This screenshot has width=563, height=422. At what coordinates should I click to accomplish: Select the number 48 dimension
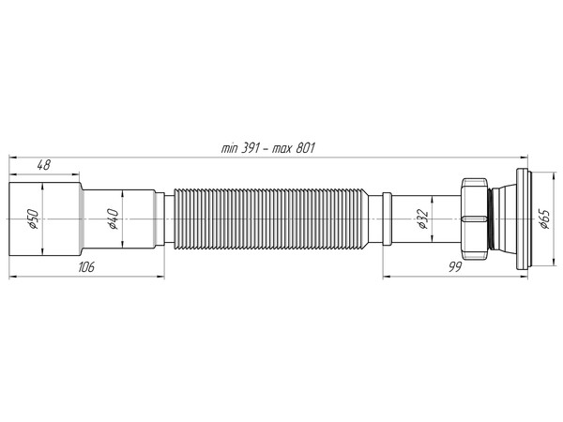pos(43,165)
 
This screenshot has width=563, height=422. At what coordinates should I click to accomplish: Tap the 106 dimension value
pos(86,268)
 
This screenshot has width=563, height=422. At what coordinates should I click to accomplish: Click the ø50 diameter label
pos(32,220)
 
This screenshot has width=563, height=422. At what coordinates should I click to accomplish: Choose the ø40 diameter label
pos(112,220)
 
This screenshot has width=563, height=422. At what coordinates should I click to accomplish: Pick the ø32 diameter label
pos(422,220)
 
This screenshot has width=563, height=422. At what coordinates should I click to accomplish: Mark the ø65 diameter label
pos(543,220)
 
